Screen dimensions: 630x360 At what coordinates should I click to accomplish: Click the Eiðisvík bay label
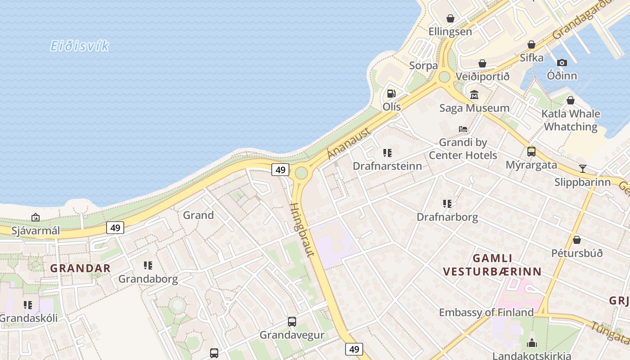79,46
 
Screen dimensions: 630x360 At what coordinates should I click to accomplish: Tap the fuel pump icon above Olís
391,94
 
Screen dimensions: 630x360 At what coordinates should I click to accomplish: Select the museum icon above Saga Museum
474,94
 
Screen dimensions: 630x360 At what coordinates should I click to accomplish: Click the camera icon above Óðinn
562,63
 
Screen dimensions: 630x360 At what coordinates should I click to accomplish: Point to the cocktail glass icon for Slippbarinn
583,169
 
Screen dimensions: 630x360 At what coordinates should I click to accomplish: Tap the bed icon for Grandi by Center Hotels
463,129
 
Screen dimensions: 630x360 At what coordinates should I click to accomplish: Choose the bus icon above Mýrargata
531,151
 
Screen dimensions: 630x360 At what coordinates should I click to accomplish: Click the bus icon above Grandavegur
292,322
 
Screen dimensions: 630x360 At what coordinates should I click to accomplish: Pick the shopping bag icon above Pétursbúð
577,240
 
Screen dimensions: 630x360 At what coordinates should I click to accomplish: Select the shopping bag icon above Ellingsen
450,18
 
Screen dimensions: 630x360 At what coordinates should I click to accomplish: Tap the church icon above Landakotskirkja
532,343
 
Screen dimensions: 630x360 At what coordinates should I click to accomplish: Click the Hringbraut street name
302,229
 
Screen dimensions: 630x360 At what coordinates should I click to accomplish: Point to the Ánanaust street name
349,143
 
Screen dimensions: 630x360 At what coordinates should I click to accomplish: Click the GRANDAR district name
80,268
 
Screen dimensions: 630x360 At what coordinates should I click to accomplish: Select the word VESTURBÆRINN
492,272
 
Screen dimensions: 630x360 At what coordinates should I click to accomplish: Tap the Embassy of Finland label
486,312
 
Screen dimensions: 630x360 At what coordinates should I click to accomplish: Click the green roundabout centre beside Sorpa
444,77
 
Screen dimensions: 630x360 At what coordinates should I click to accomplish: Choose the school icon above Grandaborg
148,265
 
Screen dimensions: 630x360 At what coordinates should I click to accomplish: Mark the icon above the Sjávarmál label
36,218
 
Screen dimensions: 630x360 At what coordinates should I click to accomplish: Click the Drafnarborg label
447,217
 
